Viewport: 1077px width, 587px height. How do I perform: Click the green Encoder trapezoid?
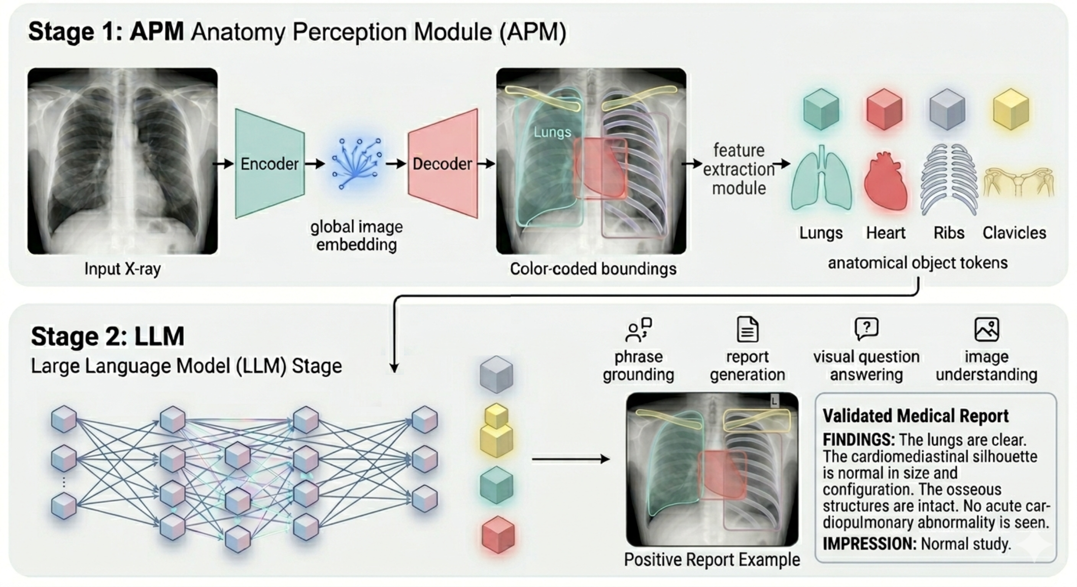coord(269,163)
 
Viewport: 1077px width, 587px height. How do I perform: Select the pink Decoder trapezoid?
coord(442,163)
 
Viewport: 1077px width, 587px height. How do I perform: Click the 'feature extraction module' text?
coord(739,169)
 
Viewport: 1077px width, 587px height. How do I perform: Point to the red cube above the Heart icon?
coord(884,109)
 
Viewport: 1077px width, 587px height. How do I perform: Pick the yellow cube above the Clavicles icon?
coord(1010,109)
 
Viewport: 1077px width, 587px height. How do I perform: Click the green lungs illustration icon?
coord(821,178)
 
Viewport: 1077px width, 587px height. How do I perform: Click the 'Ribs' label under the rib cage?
coord(949,233)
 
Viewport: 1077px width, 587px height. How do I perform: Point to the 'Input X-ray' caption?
coord(123,269)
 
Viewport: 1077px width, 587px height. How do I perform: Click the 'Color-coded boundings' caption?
coord(593,269)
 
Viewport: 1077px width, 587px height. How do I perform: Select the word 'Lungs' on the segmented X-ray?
coord(552,132)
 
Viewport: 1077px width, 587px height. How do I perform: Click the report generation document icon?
coord(747,329)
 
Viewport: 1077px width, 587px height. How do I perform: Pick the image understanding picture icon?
coord(987,329)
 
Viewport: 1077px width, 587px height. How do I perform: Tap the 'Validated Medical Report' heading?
coord(915,416)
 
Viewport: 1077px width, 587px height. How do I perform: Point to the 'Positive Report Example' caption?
coord(712,559)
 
